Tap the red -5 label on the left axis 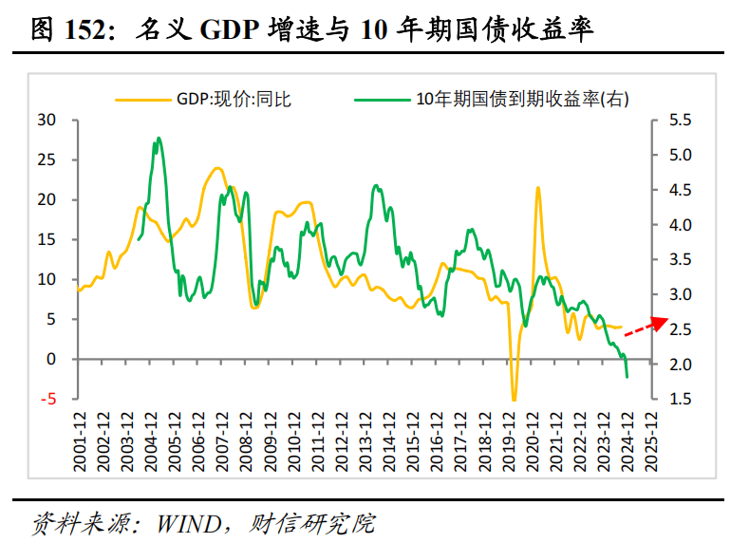[48, 400]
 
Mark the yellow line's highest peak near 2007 [217, 168]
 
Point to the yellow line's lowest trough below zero [514, 400]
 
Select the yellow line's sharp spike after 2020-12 [538, 188]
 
